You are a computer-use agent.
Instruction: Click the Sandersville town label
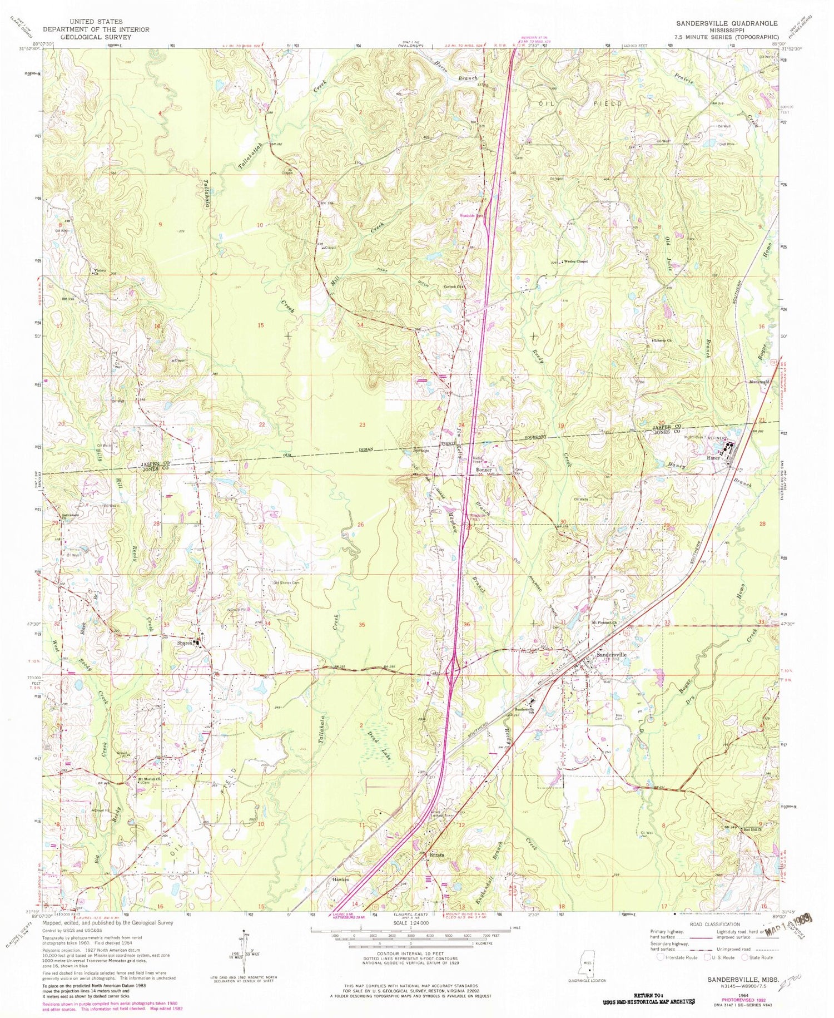611,655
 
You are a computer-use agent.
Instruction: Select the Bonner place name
484,470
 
